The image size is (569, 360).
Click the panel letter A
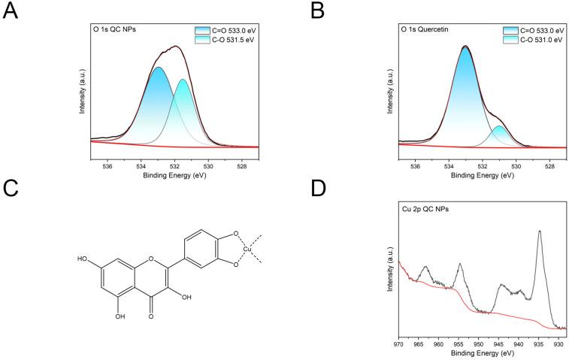11,14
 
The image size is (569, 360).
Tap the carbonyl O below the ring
151,316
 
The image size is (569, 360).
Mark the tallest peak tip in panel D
539,231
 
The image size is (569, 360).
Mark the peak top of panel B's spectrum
465,47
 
